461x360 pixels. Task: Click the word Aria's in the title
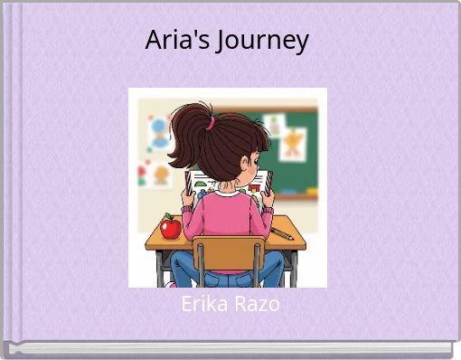(177, 40)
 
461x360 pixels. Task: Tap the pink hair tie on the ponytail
(208, 122)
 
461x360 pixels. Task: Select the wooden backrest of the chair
(227, 252)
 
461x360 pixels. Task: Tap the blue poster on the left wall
(160, 133)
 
